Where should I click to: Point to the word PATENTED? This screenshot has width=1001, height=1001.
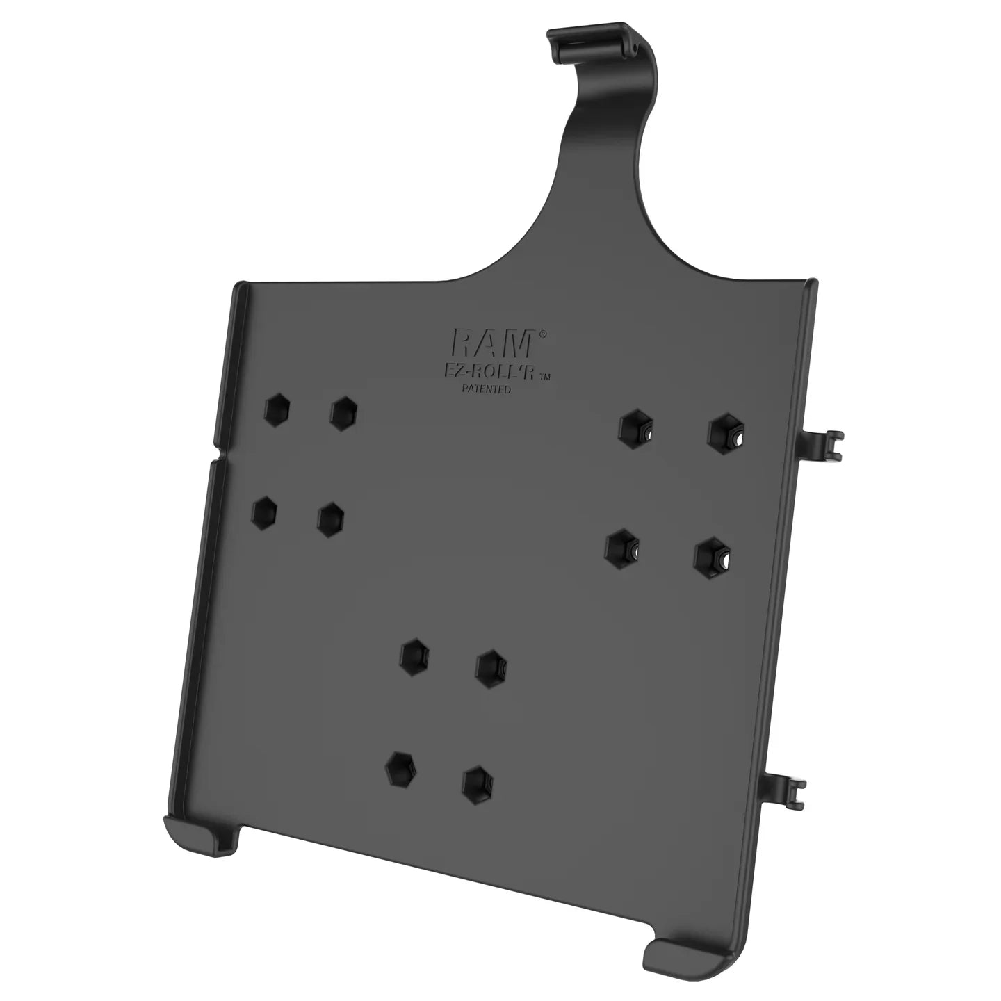click(487, 389)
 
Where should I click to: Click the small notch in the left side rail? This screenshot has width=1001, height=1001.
click(215, 455)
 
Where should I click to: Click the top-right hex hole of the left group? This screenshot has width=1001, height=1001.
click(343, 414)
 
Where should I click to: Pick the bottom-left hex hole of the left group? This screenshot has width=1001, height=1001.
click(263, 511)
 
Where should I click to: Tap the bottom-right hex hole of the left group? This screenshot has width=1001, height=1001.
click(330, 519)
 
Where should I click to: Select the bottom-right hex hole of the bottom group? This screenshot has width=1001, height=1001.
click(478, 783)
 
